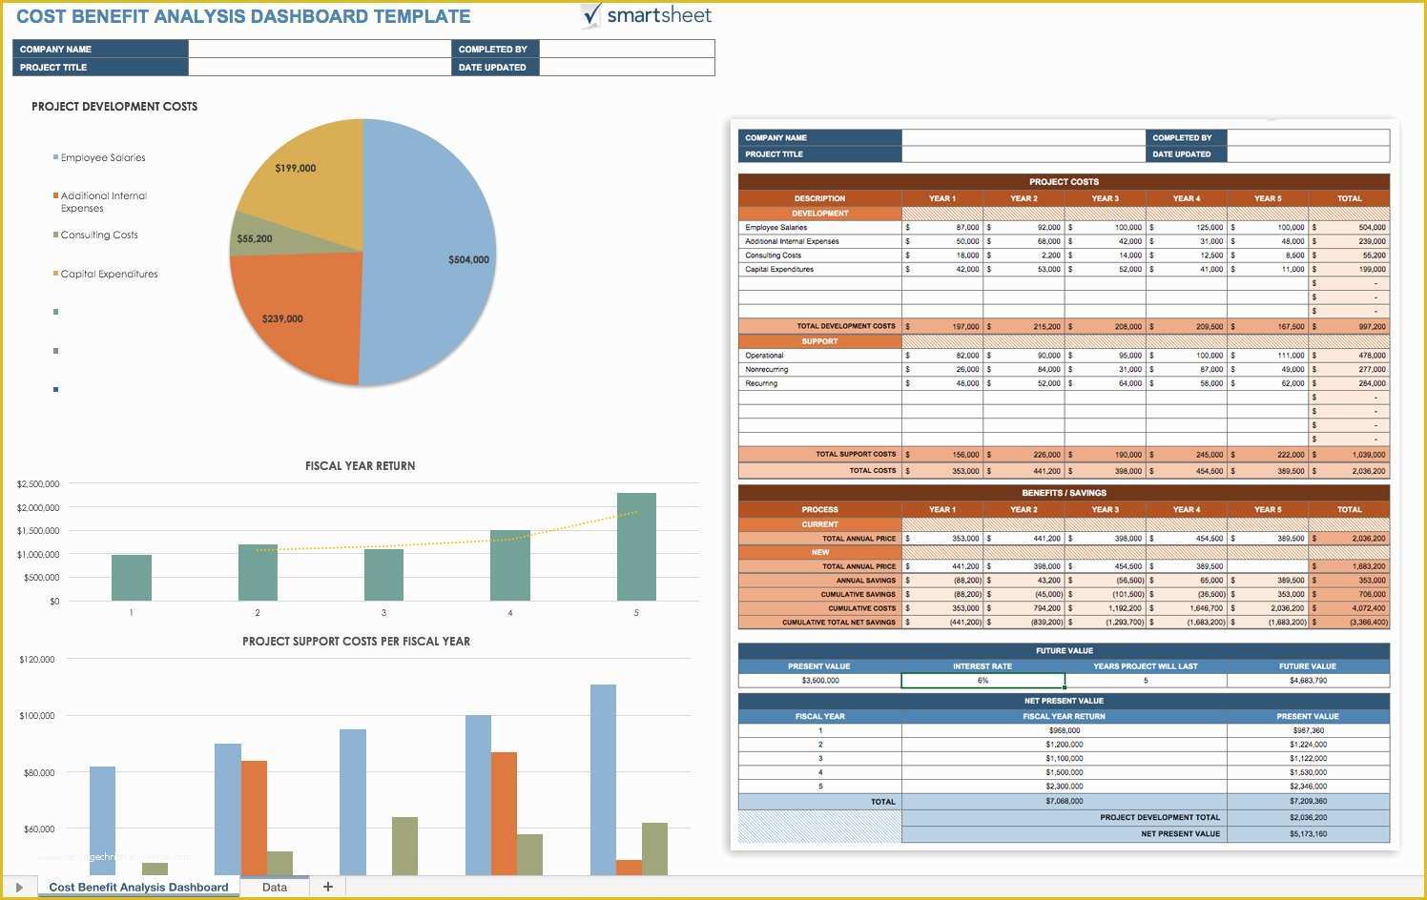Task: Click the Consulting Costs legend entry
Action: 99,235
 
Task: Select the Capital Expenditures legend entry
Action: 109,275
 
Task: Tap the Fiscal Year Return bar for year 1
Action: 132,577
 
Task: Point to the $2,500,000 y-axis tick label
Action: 38,484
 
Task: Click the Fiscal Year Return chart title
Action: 360,466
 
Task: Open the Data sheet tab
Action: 275,888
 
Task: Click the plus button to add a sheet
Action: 328,887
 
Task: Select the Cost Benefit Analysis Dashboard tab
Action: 138,888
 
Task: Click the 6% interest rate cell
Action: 982,681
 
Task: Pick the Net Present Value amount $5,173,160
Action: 1308,834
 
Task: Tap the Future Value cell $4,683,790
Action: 1308,681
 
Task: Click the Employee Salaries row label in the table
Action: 776,228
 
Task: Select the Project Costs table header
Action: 1064,182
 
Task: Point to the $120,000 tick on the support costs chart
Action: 37,660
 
